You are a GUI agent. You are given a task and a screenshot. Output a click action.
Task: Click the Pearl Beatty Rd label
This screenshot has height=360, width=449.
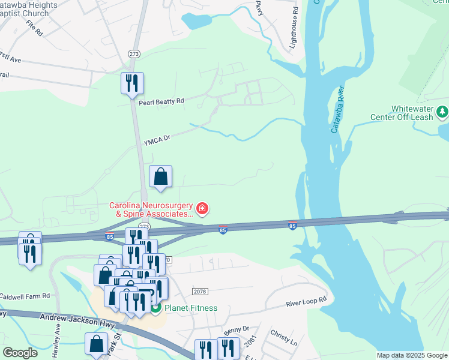click(161, 102)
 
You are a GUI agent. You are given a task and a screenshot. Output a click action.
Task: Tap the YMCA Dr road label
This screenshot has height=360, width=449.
click(157, 140)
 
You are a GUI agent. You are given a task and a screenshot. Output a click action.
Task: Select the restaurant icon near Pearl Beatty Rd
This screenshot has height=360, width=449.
click(132, 83)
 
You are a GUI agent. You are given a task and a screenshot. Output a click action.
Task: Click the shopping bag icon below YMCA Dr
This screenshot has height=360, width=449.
click(160, 177)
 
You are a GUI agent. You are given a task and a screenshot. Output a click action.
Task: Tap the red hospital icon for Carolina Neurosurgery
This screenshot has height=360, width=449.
click(203, 209)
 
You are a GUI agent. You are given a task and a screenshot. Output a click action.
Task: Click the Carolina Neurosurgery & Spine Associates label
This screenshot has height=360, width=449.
click(151, 209)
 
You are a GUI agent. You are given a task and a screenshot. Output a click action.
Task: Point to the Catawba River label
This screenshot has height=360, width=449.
click(337, 110)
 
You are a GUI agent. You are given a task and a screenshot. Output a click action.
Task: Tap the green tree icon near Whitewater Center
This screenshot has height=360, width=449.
click(442, 111)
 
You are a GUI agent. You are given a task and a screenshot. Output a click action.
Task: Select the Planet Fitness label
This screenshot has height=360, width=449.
click(191, 308)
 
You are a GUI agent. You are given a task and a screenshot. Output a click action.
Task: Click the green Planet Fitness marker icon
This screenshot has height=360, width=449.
click(155, 308)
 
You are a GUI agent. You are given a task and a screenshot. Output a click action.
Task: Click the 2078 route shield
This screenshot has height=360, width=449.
click(200, 291)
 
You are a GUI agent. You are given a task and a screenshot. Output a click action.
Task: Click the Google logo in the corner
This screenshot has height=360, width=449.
click(20, 353)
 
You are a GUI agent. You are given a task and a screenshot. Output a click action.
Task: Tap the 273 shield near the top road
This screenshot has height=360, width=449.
click(133, 54)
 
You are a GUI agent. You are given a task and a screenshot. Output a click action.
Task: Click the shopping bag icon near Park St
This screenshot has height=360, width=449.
click(97, 345)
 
